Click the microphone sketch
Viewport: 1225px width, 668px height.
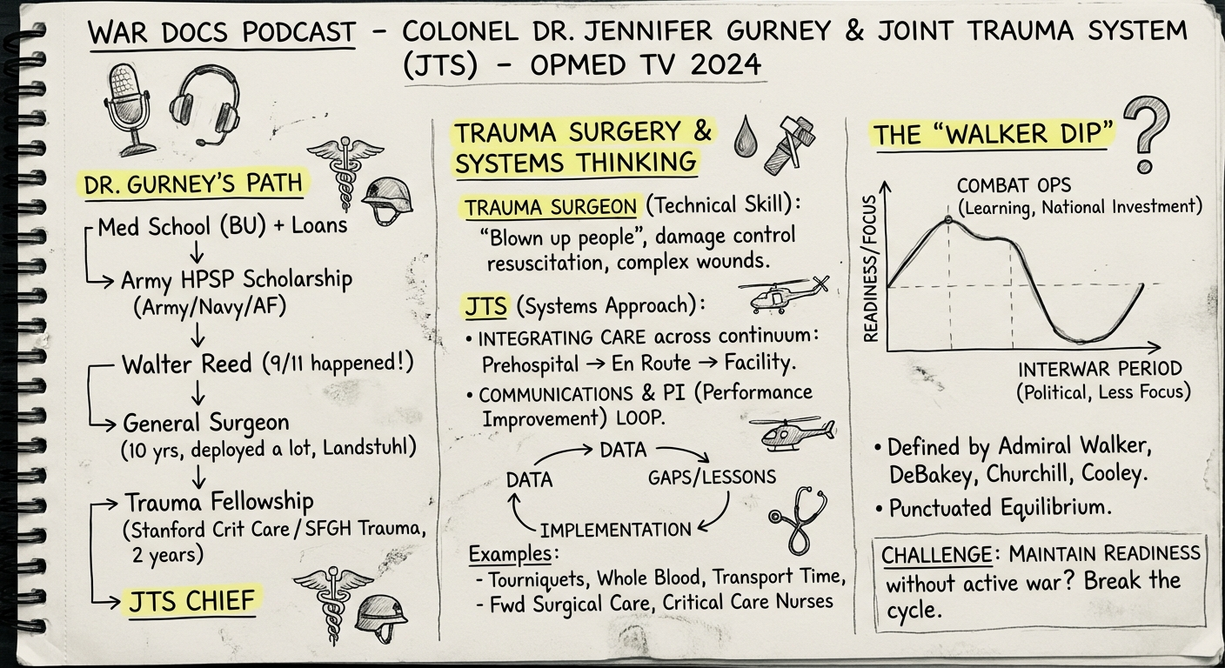[125, 107]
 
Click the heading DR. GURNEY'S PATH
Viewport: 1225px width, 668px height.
[193, 184]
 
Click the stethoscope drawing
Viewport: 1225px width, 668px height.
[796, 520]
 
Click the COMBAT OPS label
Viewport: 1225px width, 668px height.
[1013, 186]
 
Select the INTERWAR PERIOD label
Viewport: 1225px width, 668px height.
[1100, 368]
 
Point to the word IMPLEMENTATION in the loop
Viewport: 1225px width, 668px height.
[615, 529]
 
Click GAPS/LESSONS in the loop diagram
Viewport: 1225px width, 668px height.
[712, 478]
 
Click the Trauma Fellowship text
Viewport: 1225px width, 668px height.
[218, 502]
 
